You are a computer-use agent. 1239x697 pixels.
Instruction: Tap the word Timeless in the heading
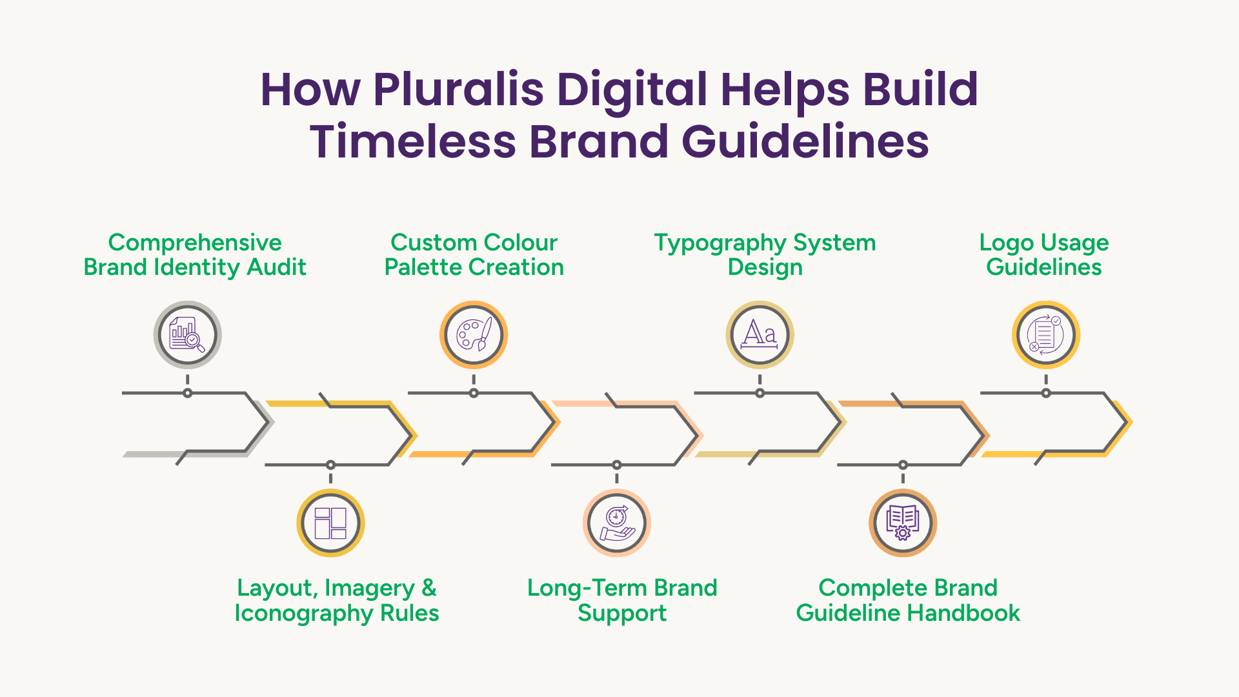pos(413,141)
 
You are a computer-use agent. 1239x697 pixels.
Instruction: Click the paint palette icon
pos(474,335)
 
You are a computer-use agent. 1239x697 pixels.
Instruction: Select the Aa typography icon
pos(760,334)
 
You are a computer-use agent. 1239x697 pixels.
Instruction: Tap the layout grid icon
pos(330,523)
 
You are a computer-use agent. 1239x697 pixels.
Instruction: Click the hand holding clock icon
pos(617,523)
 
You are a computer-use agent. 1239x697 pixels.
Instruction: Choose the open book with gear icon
pos(903,523)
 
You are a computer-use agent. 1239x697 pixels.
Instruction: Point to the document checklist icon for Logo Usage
pos(1045,335)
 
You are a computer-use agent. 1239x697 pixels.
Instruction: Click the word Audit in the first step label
pos(277,267)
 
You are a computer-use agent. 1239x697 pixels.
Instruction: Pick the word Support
pos(622,613)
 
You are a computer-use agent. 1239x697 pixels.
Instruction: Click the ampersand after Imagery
pos(429,588)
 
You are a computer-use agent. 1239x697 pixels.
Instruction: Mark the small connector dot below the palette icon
pos(474,393)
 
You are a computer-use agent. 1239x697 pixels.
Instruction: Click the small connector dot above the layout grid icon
pos(330,465)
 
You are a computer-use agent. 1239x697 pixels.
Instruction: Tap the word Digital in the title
pos(632,90)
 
